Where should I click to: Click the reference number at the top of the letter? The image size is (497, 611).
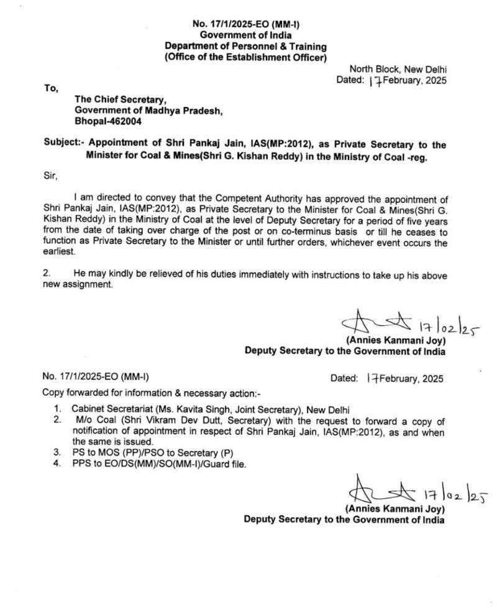point(245,26)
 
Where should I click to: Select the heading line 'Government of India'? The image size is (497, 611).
point(245,36)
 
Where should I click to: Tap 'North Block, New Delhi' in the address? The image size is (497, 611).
point(398,70)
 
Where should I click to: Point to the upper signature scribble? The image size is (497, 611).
point(373,322)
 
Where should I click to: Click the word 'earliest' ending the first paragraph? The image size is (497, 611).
point(58,253)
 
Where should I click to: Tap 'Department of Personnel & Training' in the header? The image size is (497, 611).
point(245,47)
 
